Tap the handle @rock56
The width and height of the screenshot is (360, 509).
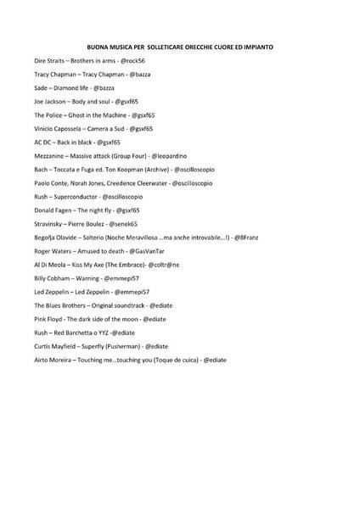tap(132, 61)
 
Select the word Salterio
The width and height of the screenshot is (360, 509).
tap(91, 237)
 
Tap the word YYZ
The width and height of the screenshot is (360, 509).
tap(104, 332)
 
